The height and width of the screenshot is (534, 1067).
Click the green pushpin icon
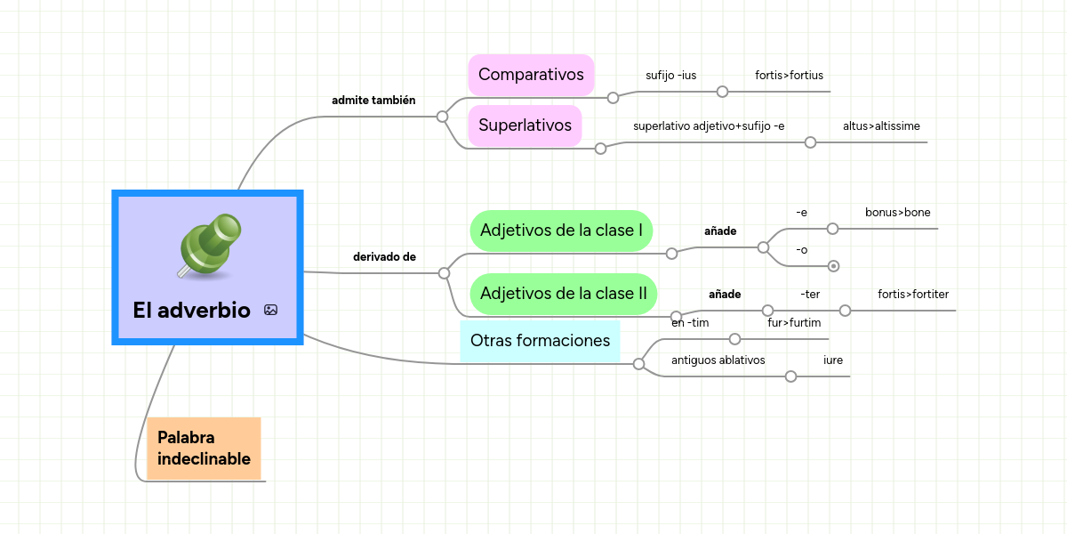coord(210,246)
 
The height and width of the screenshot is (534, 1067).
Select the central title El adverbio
coord(191,311)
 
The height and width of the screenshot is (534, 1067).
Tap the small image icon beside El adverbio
coord(270,311)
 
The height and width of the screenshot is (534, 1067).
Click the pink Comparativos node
coord(531,74)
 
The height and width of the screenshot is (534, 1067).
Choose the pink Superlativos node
coord(525,125)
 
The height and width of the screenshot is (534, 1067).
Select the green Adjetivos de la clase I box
coord(561,231)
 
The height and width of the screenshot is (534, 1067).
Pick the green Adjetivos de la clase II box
coord(563,293)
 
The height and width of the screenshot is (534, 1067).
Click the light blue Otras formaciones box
coord(540,340)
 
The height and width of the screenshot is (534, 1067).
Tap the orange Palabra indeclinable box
coord(204,449)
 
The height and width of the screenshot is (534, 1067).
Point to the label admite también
coord(373,101)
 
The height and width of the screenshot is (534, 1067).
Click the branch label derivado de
coord(384,257)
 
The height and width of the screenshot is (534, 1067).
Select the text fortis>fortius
coord(789,75)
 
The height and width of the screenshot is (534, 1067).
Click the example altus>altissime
coord(881,126)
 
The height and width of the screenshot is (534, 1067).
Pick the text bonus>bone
coord(897,213)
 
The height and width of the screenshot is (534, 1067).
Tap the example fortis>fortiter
coord(913,294)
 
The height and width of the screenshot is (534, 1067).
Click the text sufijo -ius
coord(670,75)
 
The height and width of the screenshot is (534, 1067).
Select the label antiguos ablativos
coord(718,360)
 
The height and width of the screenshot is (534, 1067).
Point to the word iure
coord(833,360)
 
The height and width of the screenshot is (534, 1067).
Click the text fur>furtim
coord(794,322)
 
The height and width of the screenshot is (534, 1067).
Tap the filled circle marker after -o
coord(833,265)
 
